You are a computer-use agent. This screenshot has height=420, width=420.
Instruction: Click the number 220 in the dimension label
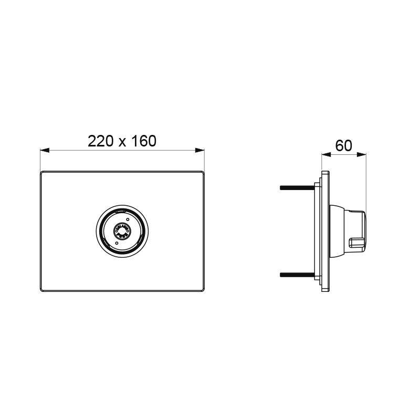point(101,141)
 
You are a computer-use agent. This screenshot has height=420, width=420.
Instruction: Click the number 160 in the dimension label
point(143,141)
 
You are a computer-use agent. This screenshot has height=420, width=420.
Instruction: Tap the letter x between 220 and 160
point(122,142)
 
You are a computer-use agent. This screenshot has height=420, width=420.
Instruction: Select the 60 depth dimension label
point(344,145)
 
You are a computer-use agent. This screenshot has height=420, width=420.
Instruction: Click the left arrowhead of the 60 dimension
point(324,155)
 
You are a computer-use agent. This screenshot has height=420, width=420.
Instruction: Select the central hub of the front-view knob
point(122,232)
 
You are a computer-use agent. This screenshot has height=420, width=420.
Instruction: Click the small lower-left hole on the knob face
point(116,243)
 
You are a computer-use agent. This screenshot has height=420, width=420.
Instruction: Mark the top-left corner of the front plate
point(42,172)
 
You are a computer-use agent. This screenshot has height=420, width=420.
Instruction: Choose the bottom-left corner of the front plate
point(42,290)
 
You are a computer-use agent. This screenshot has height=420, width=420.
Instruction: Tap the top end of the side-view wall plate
point(325,172)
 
